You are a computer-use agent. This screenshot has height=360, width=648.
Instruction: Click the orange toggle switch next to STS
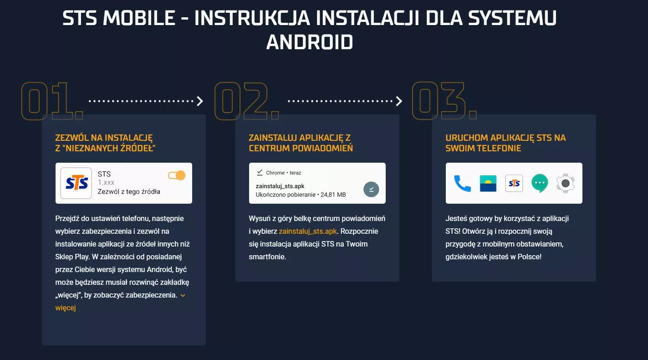coord(177,175)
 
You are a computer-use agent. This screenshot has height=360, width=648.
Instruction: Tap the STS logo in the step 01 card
coord(76,183)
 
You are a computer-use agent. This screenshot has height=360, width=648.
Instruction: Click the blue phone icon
coord(462,183)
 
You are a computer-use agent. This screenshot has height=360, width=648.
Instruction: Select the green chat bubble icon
coord(540,183)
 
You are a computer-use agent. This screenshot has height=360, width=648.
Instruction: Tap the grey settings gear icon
coord(565,183)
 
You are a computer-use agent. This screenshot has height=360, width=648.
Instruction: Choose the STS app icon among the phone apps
coord(514,183)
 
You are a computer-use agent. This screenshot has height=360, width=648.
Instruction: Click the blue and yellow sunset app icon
coord(488,183)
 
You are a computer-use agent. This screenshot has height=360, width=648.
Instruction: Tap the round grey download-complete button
coord(371,189)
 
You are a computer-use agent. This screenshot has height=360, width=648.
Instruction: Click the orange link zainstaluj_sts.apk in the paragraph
coord(308,231)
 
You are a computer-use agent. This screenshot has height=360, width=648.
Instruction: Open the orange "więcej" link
coord(66,308)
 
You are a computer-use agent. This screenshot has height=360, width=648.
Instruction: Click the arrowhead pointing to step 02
coord(200,101)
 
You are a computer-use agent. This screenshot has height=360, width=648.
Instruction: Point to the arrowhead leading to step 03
coord(399,101)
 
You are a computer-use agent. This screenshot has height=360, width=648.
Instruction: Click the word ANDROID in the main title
coord(310,42)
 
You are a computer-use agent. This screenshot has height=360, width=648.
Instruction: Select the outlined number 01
coord(52,101)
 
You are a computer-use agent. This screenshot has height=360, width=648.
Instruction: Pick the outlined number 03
coord(444,101)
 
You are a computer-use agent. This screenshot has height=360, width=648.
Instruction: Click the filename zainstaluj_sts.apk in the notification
coord(280,186)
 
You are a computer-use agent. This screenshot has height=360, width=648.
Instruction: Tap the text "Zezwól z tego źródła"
coord(129,191)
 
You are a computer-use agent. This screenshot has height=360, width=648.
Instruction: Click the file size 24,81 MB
coord(333,195)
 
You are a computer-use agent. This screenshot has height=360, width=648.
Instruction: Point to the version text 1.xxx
coord(106,183)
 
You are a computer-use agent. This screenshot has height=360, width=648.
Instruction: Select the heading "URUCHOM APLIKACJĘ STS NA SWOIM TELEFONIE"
coord(505,143)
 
